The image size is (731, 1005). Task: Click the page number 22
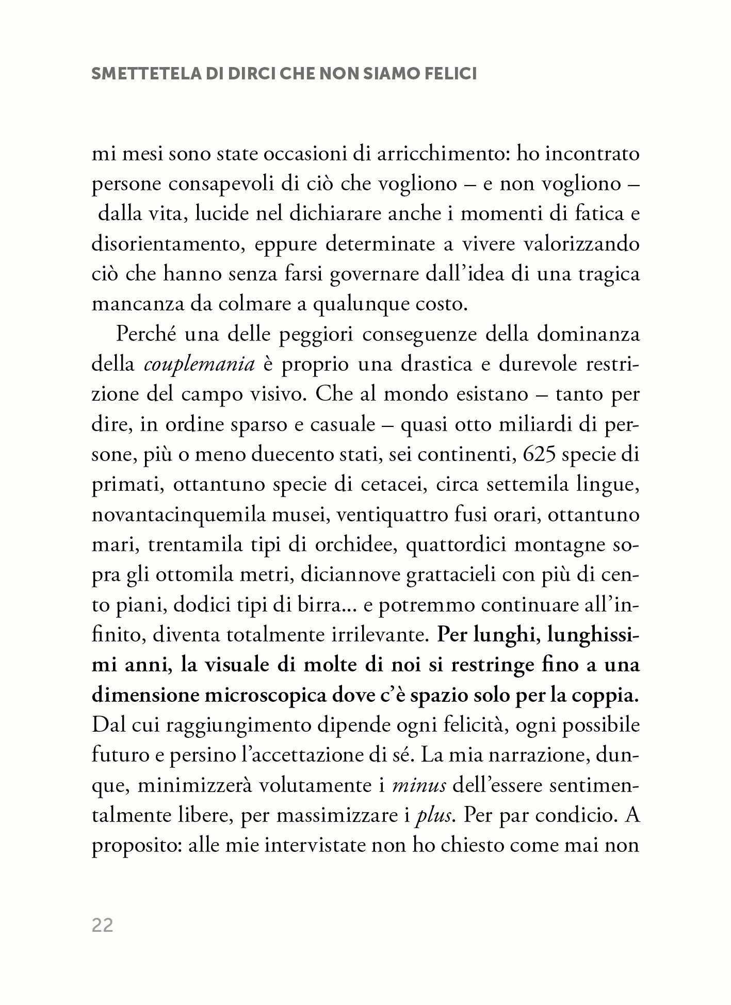(x=102, y=926)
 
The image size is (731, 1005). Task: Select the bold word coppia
(x=610, y=695)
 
